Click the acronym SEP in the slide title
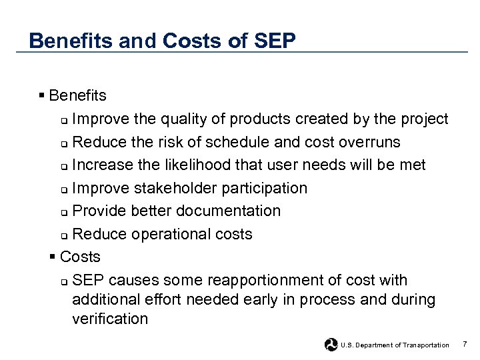[x=275, y=41]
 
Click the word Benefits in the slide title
[x=72, y=41]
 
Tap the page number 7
[x=465, y=344]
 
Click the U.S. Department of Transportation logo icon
[x=331, y=345]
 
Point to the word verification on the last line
[x=110, y=319]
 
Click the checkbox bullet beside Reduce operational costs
[x=63, y=235]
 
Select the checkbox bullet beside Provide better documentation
[x=63, y=212]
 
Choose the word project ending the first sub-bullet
[x=424, y=119]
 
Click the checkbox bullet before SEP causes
[x=63, y=281]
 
